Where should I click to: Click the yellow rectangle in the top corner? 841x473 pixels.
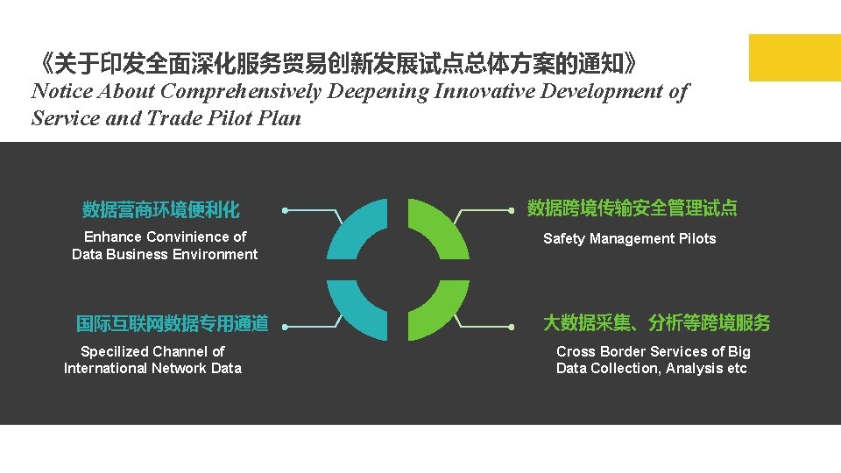[794, 57]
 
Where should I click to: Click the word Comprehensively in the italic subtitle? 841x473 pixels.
[242, 91]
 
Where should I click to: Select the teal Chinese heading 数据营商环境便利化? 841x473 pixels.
[161, 210]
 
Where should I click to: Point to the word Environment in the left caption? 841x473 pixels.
[216, 255]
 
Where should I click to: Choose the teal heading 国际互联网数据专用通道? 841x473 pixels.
[172, 324]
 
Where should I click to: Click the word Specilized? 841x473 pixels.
[115, 351]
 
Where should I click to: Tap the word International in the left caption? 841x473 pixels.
[105, 369]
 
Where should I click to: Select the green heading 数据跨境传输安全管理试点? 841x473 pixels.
[632, 208]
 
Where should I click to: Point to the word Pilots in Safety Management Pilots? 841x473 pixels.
[696, 239]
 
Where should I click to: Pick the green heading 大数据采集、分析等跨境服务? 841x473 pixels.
[656, 323]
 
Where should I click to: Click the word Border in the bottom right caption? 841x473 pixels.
[619, 351]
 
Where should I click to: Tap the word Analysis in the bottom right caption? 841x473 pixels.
[694, 369]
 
